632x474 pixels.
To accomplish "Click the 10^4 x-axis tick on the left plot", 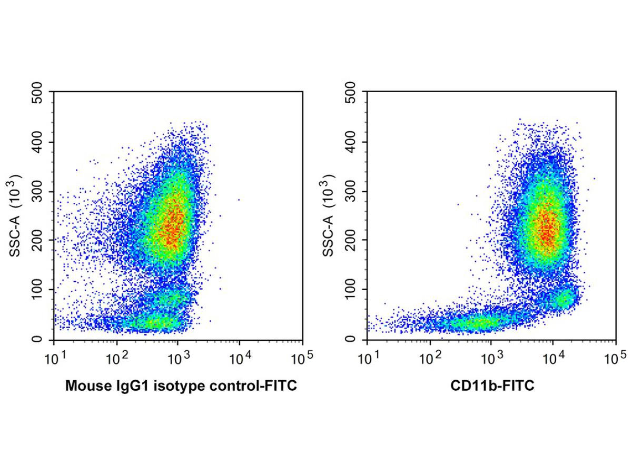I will (241, 360).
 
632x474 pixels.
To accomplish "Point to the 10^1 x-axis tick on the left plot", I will (55, 360).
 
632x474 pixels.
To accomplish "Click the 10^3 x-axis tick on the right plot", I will (492, 360).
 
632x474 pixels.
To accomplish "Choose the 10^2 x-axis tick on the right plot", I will (430, 360).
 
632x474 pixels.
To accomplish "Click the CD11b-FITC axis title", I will (492, 387).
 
